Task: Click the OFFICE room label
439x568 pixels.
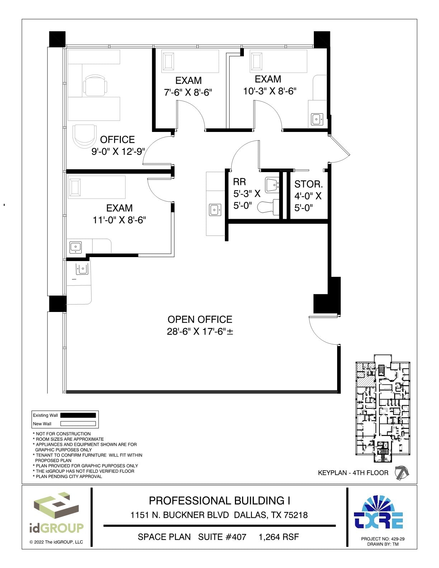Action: coord(117,139)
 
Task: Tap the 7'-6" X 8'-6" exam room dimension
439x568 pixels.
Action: coord(188,93)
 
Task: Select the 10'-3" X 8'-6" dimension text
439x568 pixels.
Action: coord(269,91)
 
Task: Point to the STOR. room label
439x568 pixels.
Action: coord(308,184)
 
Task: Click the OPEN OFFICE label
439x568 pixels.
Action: coord(200,319)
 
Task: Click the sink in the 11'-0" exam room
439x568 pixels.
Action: coord(75,247)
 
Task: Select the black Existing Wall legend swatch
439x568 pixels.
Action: coord(78,415)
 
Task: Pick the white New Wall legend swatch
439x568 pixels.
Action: coord(78,423)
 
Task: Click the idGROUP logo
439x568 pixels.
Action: coord(56,513)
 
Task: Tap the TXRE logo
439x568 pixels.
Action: coord(378,512)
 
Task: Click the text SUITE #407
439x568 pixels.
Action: coord(222,537)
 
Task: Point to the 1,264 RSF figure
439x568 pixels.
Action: coord(279,537)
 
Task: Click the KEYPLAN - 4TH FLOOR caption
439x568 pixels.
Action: coord(353,473)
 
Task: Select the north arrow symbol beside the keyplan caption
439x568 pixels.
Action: coord(401,473)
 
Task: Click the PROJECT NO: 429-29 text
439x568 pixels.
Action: coord(383,539)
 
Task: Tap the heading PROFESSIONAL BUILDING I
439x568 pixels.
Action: coord(219,501)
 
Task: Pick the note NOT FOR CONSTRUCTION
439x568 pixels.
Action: coord(63,434)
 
